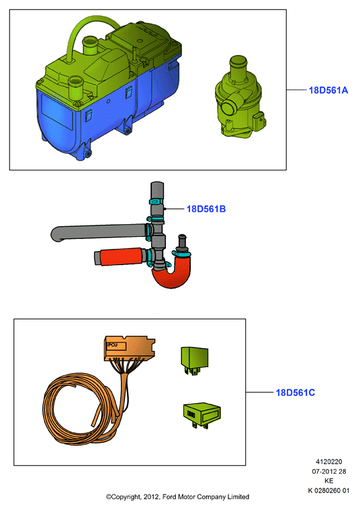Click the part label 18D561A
(x=328, y=90)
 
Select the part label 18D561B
(x=206, y=209)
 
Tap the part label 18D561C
(x=296, y=393)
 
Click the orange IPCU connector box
(x=129, y=348)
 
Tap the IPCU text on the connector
(x=112, y=345)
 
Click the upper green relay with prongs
(x=194, y=360)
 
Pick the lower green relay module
(x=201, y=415)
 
